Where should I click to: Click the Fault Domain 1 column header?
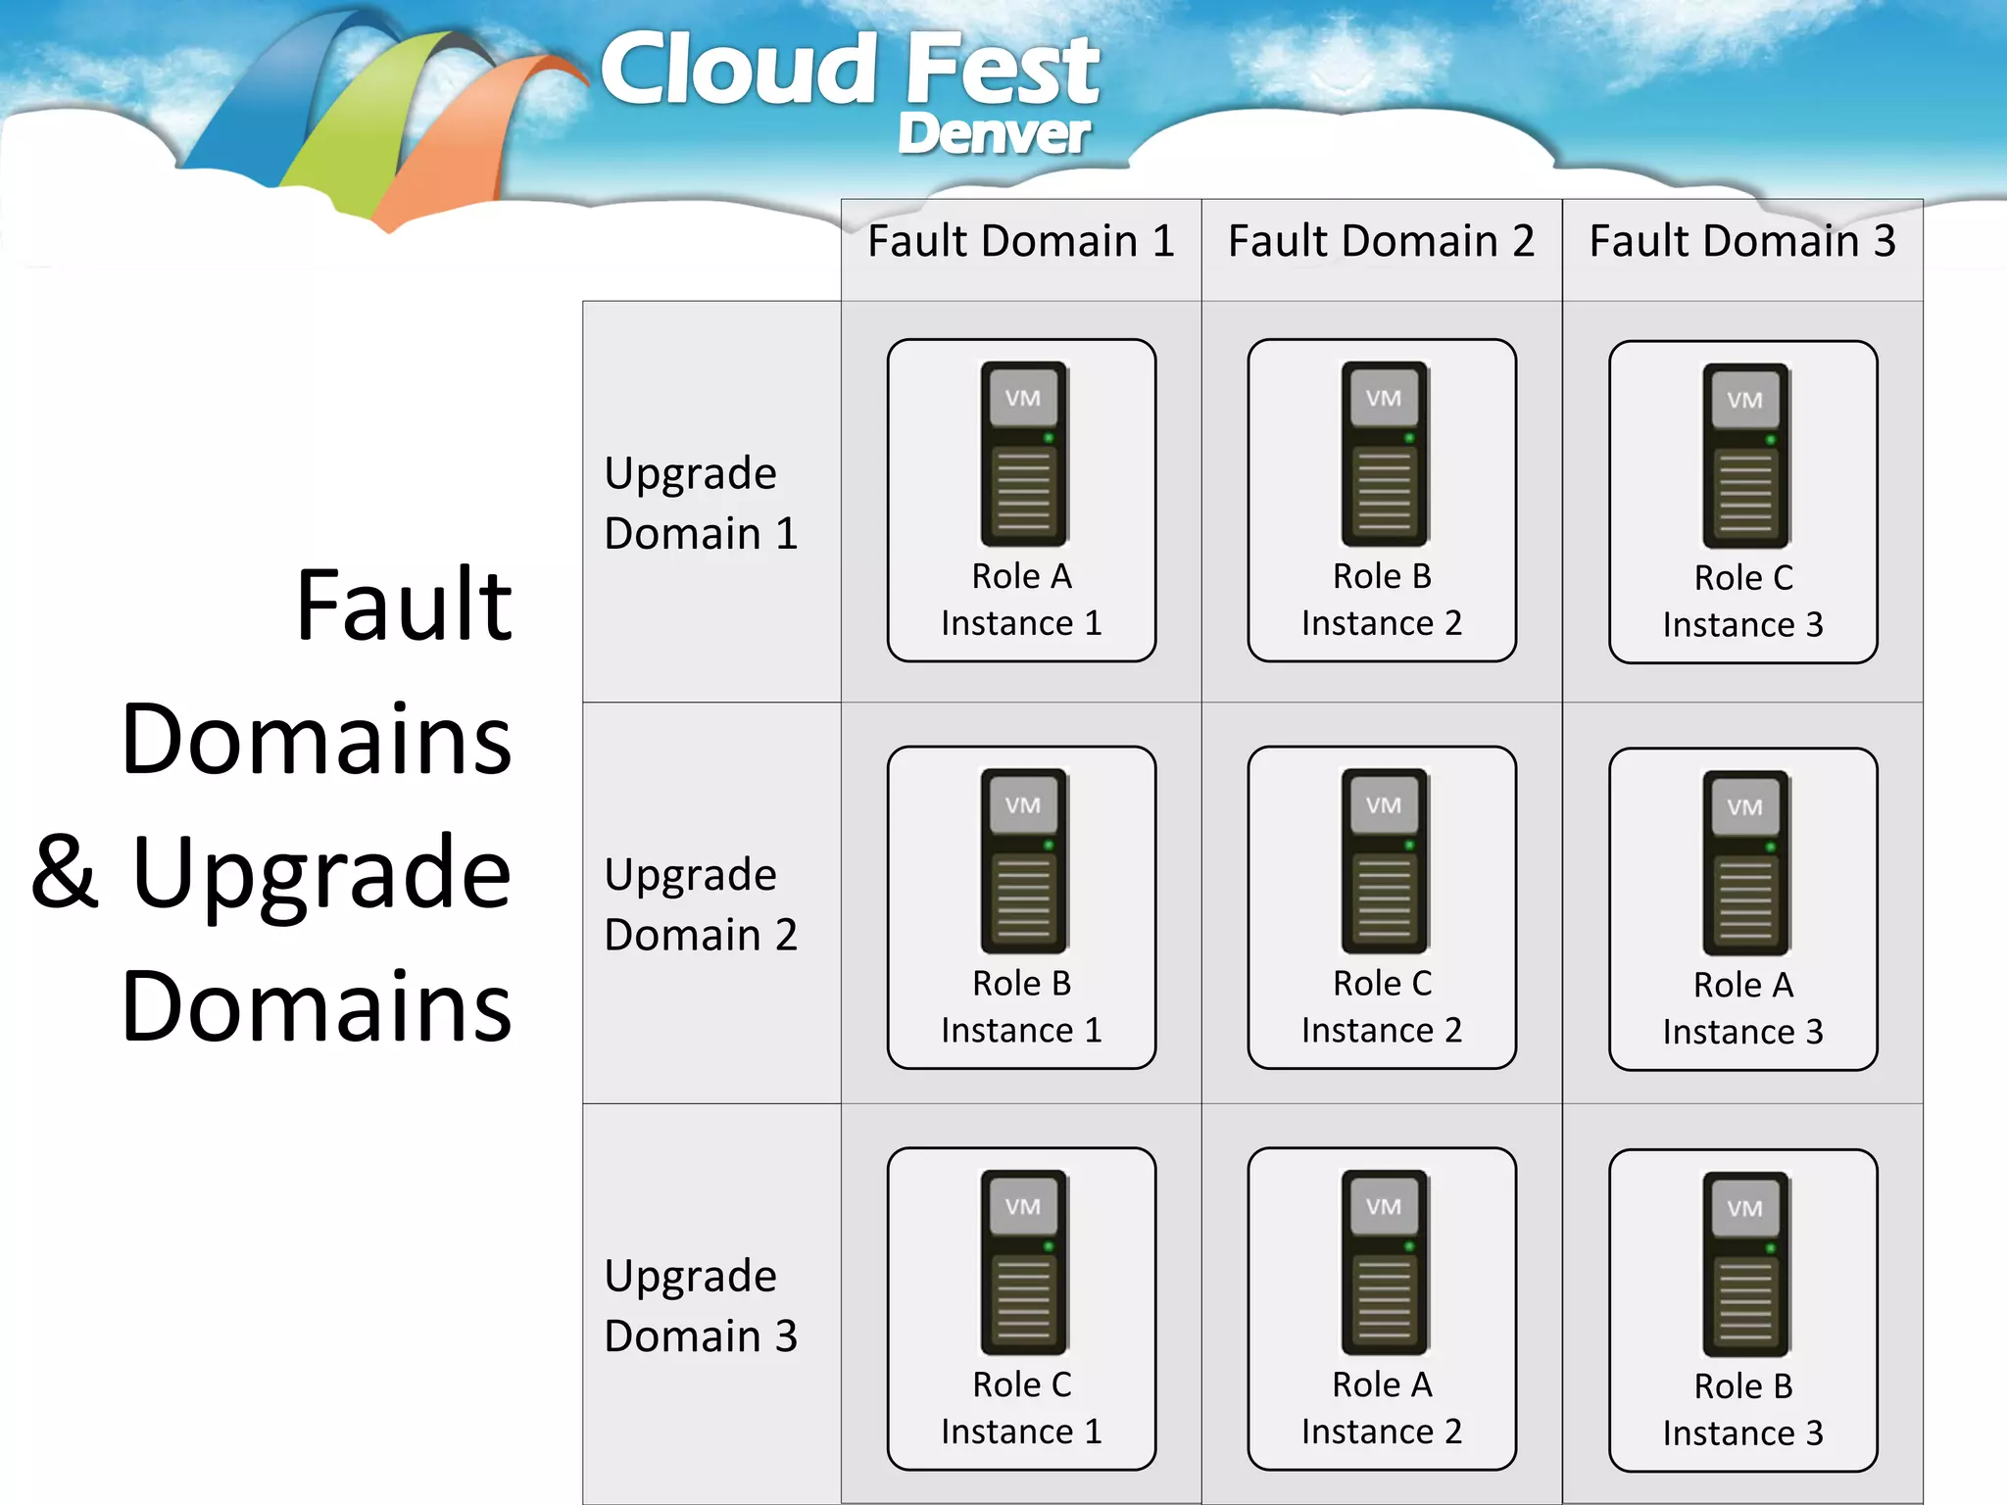[1020, 241]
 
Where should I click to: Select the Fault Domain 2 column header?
[1381, 241]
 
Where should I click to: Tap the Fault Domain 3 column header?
[1741, 241]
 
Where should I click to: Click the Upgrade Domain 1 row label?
[701, 503]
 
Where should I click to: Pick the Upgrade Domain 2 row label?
[701, 903]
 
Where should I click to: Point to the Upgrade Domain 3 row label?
[701, 1305]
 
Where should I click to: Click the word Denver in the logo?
[993, 133]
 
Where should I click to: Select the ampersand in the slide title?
[65, 871]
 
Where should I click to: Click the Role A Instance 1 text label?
[1021, 600]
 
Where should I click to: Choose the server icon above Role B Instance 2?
[1383, 454]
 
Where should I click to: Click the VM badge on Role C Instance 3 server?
[1744, 400]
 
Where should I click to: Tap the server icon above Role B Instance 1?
[1023, 860]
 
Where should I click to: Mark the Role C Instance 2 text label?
[1382, 1006]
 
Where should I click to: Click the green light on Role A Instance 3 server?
[1770, 847]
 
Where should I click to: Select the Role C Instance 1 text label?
[1021, 1408]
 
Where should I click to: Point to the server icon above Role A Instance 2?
[1383, 1262]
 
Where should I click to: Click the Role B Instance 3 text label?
[1742, 1410]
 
